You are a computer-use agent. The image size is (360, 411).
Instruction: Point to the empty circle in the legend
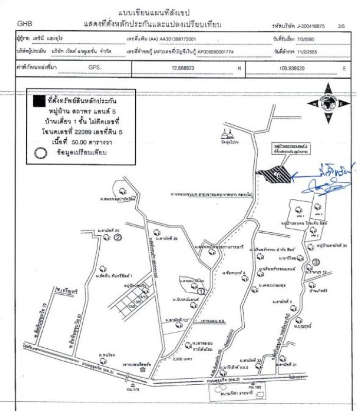click(x=40, y=152)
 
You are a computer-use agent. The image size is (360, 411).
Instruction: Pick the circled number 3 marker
click(x=315, y=265)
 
